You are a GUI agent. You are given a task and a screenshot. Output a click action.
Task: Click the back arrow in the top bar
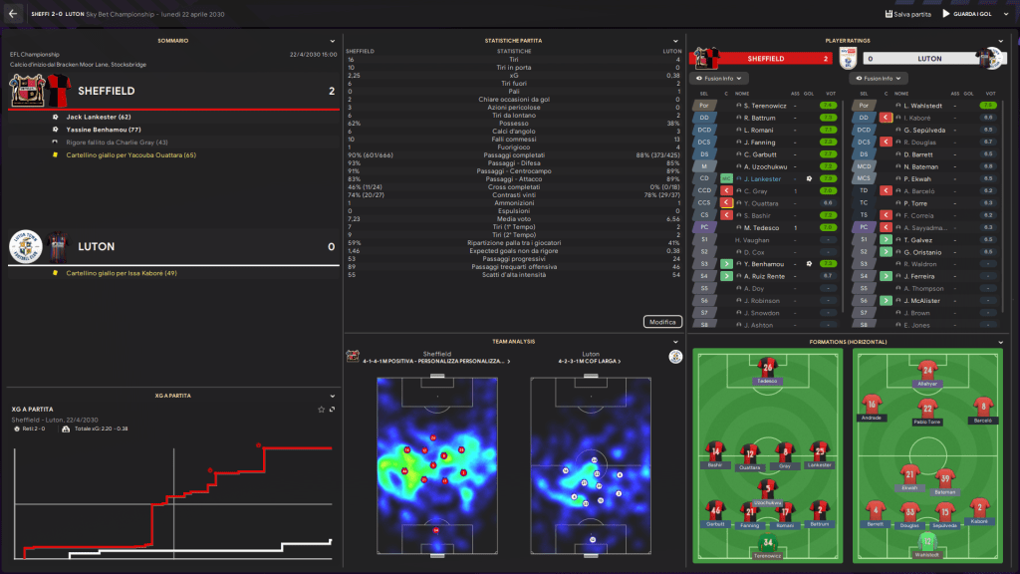13,14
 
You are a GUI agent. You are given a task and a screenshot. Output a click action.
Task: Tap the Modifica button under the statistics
662,322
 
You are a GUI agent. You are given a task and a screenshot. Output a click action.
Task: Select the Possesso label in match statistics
514,124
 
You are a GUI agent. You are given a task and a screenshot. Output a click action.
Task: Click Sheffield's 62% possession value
355,124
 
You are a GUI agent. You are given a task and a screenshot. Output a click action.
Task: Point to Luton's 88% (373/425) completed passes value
657,155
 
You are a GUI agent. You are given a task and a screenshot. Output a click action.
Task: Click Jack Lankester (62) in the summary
99,117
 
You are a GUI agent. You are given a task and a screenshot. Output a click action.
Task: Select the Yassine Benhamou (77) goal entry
104,130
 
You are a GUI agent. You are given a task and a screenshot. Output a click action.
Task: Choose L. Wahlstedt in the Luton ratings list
924,105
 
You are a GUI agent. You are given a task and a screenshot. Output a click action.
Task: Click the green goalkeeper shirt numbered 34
767,543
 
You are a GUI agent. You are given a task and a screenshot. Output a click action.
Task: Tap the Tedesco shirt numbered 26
767,367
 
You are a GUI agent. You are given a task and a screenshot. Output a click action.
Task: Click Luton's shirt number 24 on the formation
927,369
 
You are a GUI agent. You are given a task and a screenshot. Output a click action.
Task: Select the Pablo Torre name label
927,421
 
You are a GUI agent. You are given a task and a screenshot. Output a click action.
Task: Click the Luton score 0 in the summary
331,246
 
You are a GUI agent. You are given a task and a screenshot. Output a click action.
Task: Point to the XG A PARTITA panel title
172,396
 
